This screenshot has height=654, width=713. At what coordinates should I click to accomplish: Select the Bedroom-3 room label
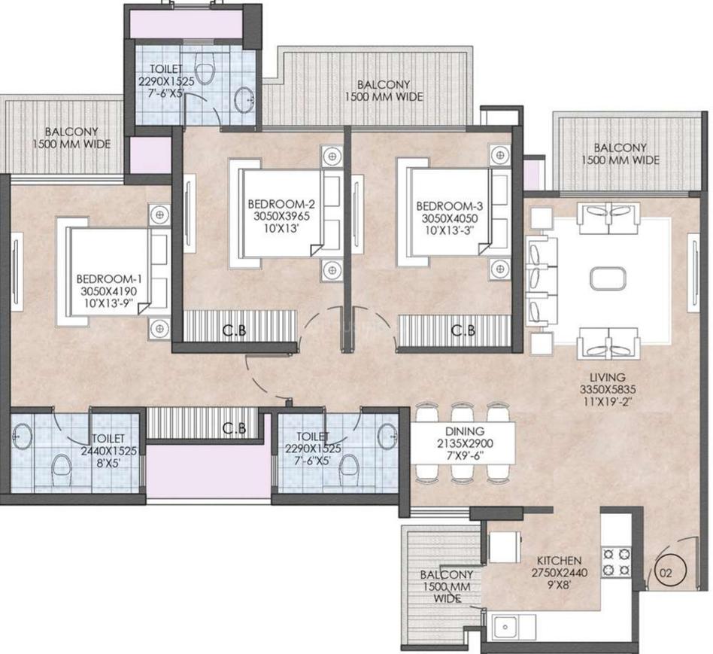(450, 205)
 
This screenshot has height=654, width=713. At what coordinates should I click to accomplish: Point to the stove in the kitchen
(617, 562)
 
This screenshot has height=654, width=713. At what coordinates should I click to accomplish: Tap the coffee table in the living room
(608, 278)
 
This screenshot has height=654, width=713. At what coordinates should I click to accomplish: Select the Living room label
(608, 377)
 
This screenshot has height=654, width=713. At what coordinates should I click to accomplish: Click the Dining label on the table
(464, 431)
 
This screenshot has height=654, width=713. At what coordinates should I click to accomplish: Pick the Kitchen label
(560, 561)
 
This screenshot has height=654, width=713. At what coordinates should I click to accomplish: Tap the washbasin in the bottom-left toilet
(21, 436)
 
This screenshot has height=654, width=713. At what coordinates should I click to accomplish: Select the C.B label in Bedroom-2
(235, 330)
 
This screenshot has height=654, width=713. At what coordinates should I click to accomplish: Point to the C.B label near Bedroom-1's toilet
(235, 428)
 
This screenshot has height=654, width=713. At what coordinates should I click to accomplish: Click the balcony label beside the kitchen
(447, 586)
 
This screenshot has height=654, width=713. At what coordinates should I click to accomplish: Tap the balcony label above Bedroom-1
(71, 138)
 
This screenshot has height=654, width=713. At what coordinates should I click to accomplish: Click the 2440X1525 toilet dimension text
(108, 451)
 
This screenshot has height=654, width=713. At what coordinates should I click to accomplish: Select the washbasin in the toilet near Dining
(387, 436)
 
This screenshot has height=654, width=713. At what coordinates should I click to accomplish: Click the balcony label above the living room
(620, 154)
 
